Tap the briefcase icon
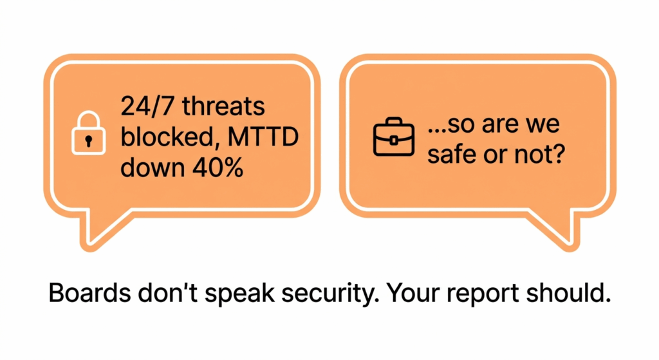click(394, 137)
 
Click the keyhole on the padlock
click(88, 141)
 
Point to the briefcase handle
click(393, 121)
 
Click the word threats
click(223, 106)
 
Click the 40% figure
click(218, 168)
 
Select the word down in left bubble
click(153, 168)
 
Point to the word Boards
click(89, 293)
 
